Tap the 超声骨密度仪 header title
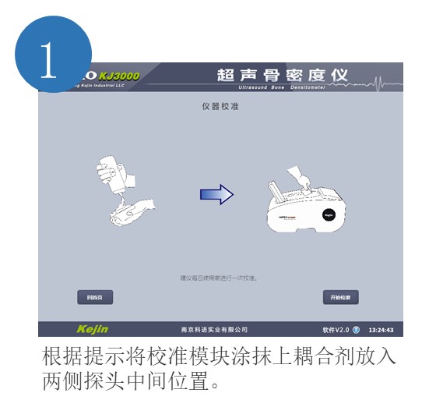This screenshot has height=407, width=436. click(282, 75)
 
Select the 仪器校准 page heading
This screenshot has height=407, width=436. click(220, 105)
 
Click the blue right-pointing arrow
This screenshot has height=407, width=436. click(216, 195)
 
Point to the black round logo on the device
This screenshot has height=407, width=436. click(329, 212)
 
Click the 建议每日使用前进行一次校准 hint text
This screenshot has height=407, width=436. click(220, 278)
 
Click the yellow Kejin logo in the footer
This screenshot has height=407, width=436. click(93, 329)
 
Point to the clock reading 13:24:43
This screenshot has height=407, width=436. click(381, 330)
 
